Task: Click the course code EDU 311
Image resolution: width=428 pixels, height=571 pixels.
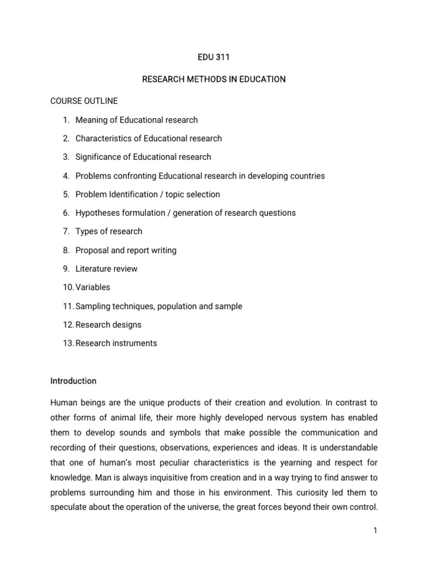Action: click(x=214, y=57)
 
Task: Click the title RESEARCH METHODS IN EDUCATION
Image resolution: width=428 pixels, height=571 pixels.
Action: click(x=214, y=79)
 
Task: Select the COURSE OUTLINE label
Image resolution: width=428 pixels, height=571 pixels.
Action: click(x=84, y=101)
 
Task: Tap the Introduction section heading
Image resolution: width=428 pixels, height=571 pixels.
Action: click(x=73, y=381)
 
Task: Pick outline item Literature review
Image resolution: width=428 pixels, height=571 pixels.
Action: click(x=106, y=269)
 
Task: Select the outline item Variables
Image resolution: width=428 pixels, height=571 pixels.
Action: click(x=93, y=287)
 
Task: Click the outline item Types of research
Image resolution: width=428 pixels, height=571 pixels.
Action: click(x=109, y=231)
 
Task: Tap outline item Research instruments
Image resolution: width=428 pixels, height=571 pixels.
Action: click(x=116, y=343)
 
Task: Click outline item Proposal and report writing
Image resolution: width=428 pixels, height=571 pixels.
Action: click(x=126, y=250)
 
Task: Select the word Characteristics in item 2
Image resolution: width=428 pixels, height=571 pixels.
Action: click(x=104, y=138)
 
